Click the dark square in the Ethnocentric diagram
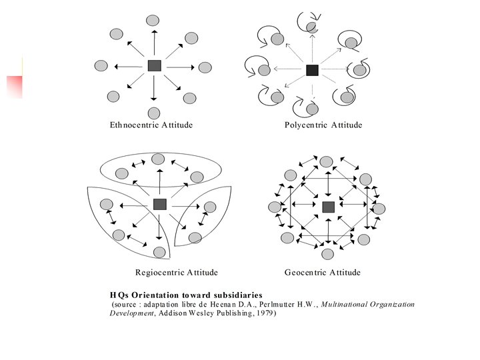[155, 65]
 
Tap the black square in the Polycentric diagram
[312, 69]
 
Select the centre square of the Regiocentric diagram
[159, 204]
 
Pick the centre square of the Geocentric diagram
[328, 207]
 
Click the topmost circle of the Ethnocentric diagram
[153, 21]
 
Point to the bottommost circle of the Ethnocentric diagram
[154, 113]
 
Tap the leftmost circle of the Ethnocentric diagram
[101, 65]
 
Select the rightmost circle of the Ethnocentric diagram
[205, 67]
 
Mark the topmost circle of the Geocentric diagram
[326, 161]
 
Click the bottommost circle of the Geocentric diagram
[327, 254]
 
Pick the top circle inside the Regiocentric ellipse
[158, 159]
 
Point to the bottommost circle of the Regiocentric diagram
[159, 252]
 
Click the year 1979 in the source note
[264, 313]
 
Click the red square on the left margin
[15, 86]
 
